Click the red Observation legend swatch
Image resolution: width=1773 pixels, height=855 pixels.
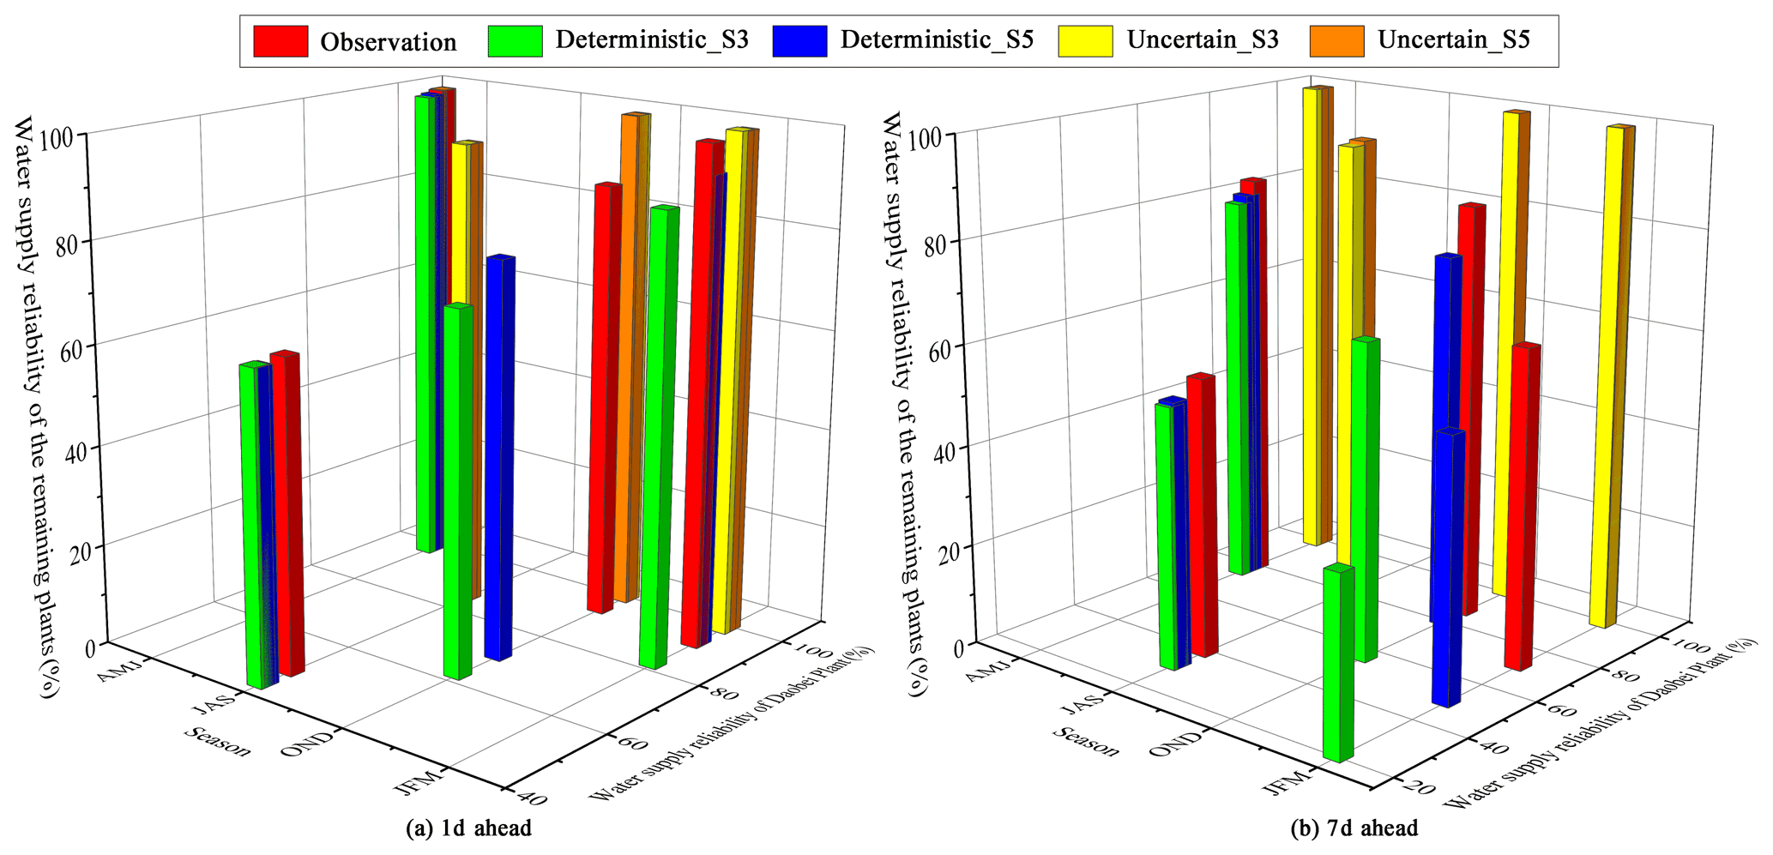(280, 41)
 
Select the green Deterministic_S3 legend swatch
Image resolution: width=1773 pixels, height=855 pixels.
(516, 41)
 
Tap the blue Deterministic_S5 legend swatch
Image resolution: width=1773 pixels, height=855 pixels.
(799, 41)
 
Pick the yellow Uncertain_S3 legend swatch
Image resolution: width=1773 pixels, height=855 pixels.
(1085, 41)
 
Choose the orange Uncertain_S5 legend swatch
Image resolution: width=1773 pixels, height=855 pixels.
(1336, 41)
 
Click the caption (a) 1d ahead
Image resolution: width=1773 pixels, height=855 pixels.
(468, 828)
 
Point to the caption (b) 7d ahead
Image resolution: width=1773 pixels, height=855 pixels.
(1354, 828)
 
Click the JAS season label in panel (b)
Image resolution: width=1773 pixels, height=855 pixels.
(1083, 707)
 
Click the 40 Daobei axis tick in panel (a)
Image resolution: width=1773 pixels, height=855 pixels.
(533, 797)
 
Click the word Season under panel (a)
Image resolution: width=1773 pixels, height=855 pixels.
(218, 741)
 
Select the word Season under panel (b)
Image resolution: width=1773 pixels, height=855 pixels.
(1086, 741)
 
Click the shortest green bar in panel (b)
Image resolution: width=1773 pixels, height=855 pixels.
(1337, 665)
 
